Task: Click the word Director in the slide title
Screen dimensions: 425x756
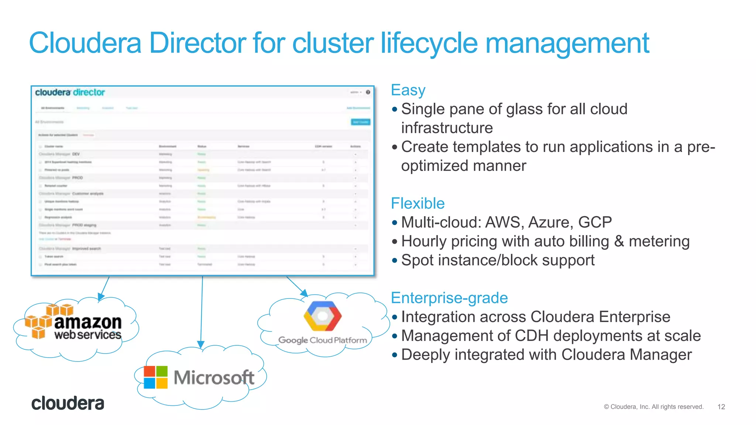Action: pyautogui.click(x=197, y=43)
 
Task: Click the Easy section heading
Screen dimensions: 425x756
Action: pyautogui.click(x=408, y=90)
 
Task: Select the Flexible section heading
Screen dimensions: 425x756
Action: pyautogui.click(x=417, y=204)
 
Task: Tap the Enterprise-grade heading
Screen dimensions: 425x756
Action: pyautogui.click(x=449, y=298)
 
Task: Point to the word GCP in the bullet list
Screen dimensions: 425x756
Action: pyautogui.click(x=595, y=222)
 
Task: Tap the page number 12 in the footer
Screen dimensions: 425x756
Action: pyautogui.click(x=721, y=407)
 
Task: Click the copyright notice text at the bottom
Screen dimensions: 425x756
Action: pyautogui.click(x=653, y=407)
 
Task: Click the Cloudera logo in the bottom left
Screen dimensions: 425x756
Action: pyautogui.click(x=68, y=404)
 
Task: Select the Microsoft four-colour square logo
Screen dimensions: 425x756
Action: pyautogui.click(x=155, y=377)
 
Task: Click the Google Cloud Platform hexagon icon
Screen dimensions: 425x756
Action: pyautogui.click(x=322, y=316)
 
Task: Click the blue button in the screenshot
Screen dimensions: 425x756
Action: pyautogui.click(x=360, y=122)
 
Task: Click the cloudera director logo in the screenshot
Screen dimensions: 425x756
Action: pyautogui.click(x=70, y=93)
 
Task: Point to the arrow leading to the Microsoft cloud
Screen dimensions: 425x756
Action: pyautogui.click(x=202, y=314)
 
